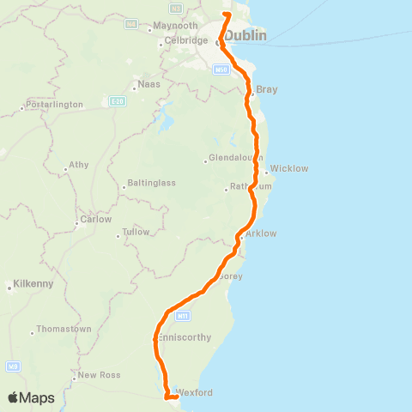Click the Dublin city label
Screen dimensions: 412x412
point(245,36)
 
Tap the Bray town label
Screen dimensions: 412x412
point(266,89)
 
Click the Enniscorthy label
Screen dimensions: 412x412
point(185,338)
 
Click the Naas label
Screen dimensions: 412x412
point(149,86)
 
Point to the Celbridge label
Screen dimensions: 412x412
point(186,40)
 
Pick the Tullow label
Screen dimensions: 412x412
point(136,232)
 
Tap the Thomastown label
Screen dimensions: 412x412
point(65,330)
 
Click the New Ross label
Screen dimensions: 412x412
point(97,374)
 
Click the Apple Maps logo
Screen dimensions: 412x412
point(31,397)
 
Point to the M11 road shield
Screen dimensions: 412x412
point(181,316)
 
